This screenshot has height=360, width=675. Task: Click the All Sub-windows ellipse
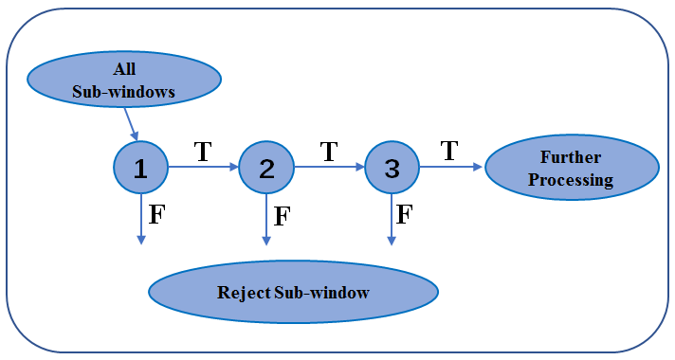coord(124,82)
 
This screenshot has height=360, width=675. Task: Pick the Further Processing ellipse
coord(571,168)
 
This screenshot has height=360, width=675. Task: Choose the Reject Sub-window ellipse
coord(293,292)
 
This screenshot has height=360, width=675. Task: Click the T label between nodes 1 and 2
coord(202,152)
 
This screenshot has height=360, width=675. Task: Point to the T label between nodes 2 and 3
coord(329,152)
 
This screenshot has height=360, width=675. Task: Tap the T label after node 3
coord(449,151)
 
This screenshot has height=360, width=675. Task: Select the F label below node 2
coord(282,215)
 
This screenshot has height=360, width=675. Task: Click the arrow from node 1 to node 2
coord(203,168)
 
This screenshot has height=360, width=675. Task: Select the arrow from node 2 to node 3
coord(329,168)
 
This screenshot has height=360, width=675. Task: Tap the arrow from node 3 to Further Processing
coord(452,168)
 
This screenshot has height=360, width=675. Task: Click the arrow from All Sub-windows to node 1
coord(132,123)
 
